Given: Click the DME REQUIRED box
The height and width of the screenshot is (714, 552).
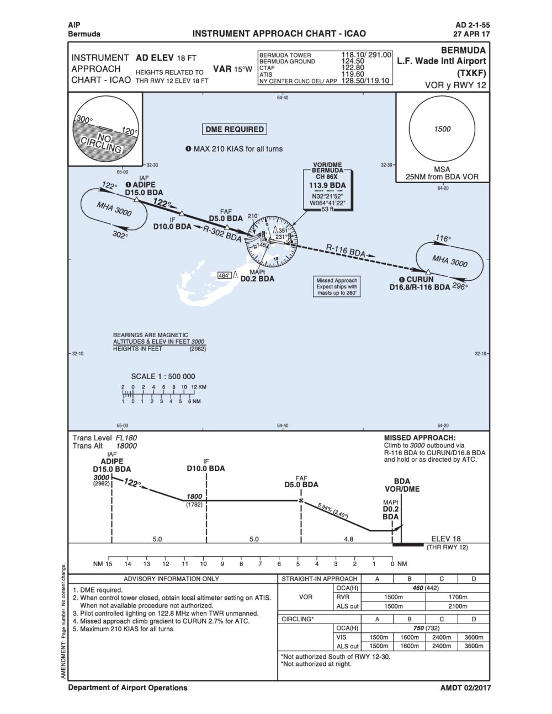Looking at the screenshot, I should (x=235, y=129).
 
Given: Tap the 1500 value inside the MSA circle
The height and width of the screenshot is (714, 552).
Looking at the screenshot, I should (x=442, y=129).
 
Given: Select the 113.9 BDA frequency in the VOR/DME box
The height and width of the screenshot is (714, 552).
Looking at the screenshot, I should (x=327, y=185).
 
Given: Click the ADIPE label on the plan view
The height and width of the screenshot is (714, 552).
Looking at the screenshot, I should (x=144, y=185).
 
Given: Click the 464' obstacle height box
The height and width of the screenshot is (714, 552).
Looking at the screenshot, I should (x=225, y=275).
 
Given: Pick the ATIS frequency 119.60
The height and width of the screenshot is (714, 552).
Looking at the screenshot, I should (x=353, y=74).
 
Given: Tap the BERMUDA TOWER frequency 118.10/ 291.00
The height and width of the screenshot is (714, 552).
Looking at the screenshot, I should (x=367, y=55).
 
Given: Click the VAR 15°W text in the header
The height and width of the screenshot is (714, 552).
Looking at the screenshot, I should (x=232, y=70).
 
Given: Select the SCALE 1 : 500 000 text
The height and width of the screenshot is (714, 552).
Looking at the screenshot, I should (x=163, y=377).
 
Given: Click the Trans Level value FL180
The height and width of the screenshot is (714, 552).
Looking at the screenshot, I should (x=126, y=438).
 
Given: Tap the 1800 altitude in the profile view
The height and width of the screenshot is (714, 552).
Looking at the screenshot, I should (x=194, y=496).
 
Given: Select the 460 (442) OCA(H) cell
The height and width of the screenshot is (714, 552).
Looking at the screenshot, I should (x=425, y=588).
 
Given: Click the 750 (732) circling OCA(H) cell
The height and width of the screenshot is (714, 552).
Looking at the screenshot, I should (x=425, y=628).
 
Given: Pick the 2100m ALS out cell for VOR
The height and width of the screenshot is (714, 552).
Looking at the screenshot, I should (x=458, y=606).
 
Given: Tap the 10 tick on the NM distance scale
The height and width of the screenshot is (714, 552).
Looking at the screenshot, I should (x=204, y=564).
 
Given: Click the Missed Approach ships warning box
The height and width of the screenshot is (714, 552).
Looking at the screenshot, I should (x=337, y=287).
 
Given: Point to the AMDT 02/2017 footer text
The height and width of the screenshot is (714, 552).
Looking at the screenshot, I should (x=465, y=688).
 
